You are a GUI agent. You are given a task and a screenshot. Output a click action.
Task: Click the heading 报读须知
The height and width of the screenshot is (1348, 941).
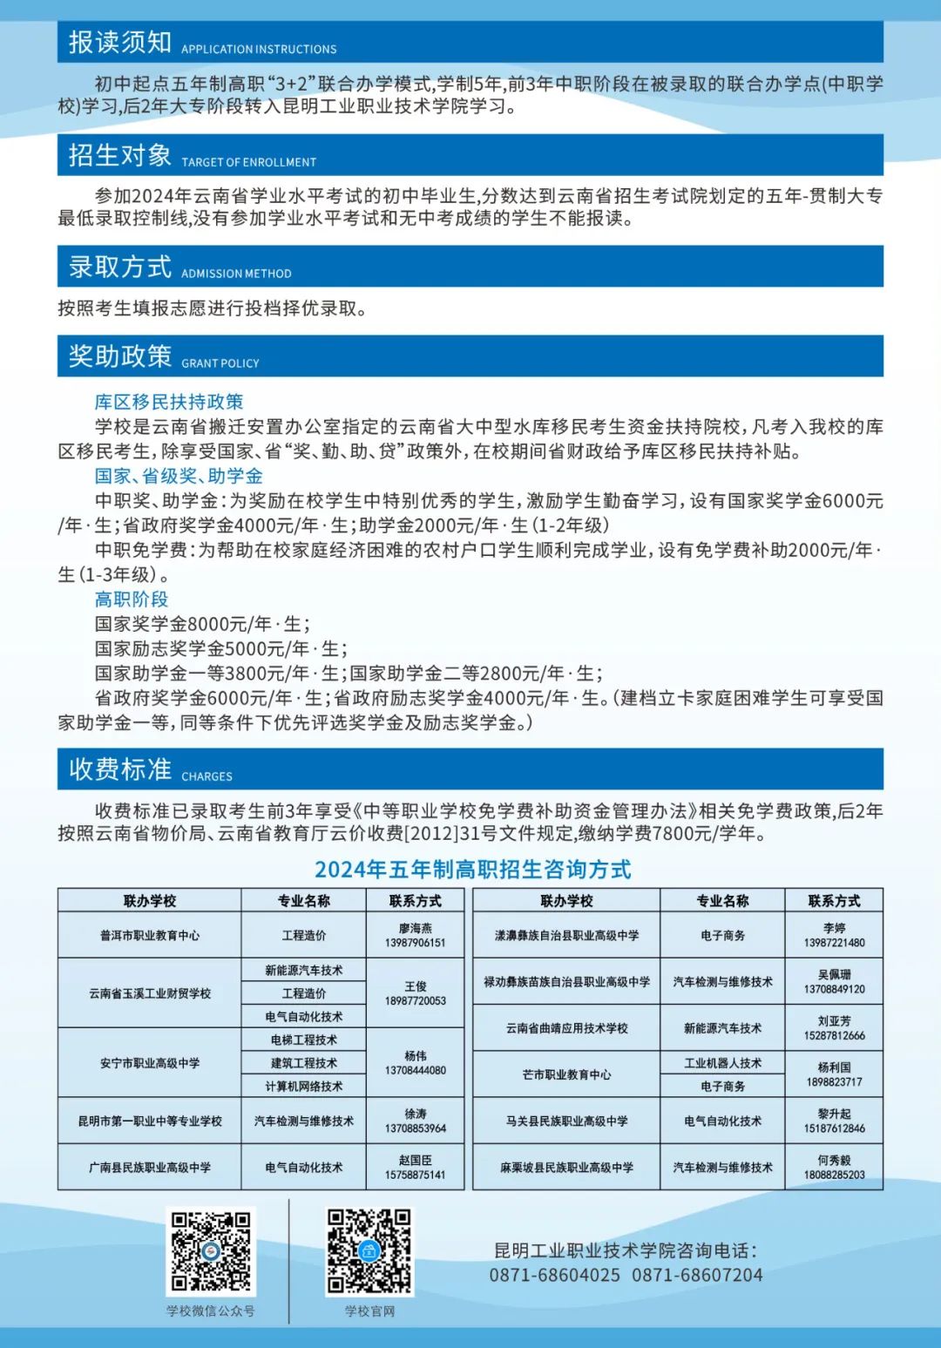[120, 42]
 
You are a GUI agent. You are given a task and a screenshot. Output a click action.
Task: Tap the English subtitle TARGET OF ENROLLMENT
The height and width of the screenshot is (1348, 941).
[248, 162]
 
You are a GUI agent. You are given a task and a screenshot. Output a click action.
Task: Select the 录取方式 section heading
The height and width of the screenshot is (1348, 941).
[120, 267]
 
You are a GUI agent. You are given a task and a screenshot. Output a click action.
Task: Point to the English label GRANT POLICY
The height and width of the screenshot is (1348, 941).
[220, 363]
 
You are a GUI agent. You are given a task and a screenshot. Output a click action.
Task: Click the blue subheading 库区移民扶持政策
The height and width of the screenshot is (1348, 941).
[169, 402]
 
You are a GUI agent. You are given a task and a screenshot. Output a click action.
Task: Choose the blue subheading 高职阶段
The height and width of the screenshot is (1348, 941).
[132, 599]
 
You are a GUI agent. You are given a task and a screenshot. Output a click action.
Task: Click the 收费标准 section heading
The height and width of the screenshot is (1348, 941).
[120, 769]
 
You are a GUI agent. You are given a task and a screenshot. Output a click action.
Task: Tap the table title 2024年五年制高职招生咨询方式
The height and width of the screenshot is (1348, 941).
[472, 869]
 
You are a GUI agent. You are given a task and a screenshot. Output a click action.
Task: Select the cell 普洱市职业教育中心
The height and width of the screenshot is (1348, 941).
[150, 935]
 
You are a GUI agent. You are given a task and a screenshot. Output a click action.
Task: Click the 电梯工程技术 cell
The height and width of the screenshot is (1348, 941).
[304, 1040]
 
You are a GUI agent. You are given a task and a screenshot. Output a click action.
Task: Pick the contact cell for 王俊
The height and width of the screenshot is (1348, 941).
[416, 993]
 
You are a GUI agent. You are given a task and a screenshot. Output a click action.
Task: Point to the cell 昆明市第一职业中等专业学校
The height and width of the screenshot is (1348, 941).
[150, 1121]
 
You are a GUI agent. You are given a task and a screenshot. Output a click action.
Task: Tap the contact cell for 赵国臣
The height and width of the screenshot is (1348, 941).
[416, 1167]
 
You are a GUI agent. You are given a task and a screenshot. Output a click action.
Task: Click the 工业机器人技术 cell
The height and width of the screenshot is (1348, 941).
[722, 1063]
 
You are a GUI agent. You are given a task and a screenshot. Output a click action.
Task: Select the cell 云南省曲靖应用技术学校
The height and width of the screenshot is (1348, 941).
[566, 1028]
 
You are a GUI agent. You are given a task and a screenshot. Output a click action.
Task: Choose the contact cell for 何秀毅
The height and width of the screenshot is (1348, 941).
[834, 1167]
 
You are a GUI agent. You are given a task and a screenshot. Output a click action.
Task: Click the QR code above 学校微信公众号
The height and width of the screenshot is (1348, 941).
[211, 1251]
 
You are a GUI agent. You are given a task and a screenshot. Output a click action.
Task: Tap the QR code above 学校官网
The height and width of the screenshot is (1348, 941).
[369, 1251]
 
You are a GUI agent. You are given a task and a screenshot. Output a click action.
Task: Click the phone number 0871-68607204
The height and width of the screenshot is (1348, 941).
[697, 1275]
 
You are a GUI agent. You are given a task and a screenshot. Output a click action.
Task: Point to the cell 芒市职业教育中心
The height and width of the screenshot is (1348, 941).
[566, 1074]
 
